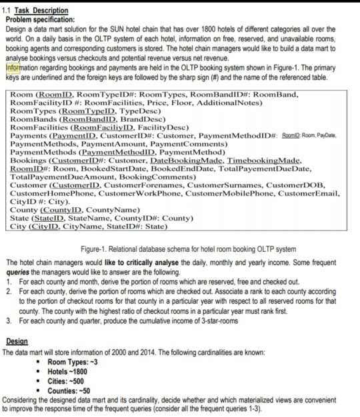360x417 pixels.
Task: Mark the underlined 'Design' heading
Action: pyautogui.click(x=15, y=342)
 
